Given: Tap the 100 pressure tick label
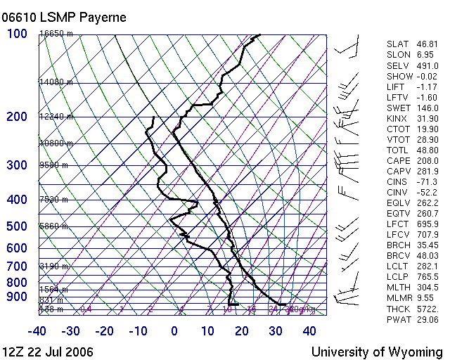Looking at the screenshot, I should (x=18, y=34).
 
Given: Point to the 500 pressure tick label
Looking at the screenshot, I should (x=17, y=226).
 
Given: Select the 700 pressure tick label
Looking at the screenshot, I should (x=17, y=266).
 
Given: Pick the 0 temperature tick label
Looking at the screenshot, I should (x=174, y=331).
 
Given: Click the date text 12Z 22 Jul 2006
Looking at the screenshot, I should (x=48, y=352).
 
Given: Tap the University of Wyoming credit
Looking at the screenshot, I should (x=377, y=352).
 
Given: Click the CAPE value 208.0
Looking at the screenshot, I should (x=428, y=160).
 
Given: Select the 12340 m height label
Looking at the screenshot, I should (x=56, y=117).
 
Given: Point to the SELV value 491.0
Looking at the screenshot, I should (x=428, y=65).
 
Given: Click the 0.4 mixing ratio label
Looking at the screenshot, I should (x=86, y=309).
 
